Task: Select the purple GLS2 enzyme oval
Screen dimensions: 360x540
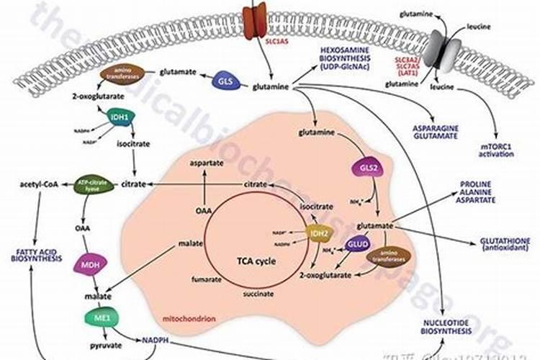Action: coord(364,168)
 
